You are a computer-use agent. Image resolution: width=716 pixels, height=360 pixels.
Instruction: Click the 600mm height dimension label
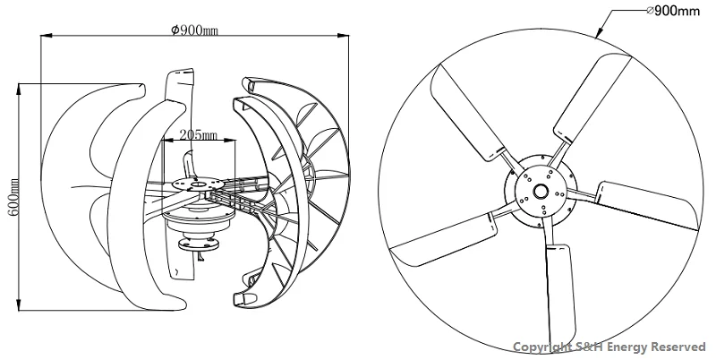point(13,197)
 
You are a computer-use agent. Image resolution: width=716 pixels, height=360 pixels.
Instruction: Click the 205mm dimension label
point(198,134)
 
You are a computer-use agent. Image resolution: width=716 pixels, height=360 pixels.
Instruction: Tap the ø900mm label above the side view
point(194,30)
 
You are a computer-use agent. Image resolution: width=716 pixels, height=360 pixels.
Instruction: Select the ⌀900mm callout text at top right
point(674,11)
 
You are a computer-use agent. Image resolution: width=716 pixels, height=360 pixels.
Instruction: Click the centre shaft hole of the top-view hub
point(541,191)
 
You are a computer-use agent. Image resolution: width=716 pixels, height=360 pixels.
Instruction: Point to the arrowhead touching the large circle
point(599,32)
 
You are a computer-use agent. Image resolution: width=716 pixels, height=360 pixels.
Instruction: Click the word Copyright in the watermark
point(542,347)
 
